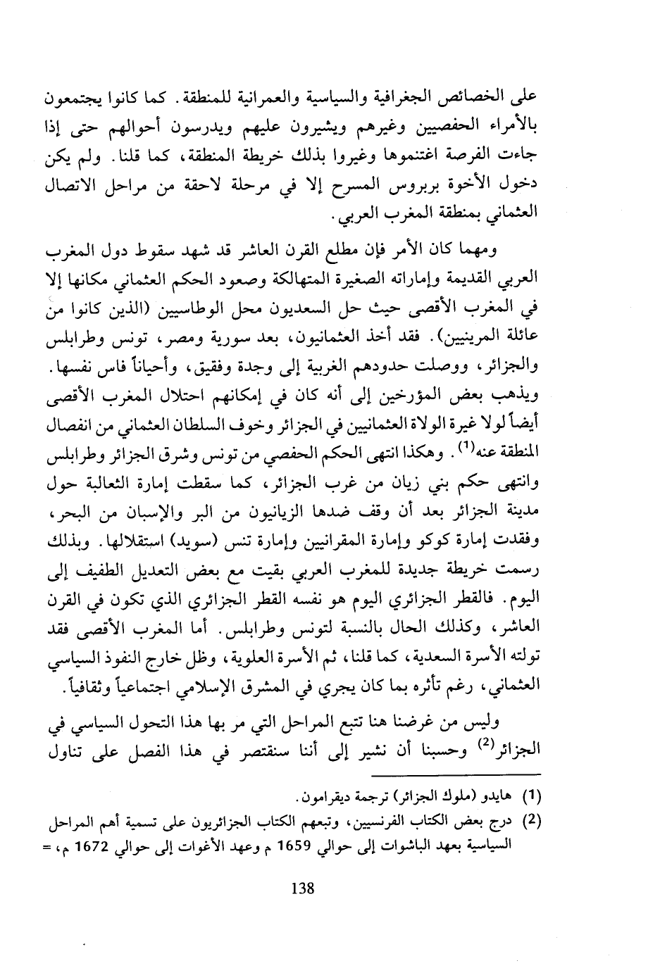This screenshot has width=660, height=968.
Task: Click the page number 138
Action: tap(301, 889)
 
